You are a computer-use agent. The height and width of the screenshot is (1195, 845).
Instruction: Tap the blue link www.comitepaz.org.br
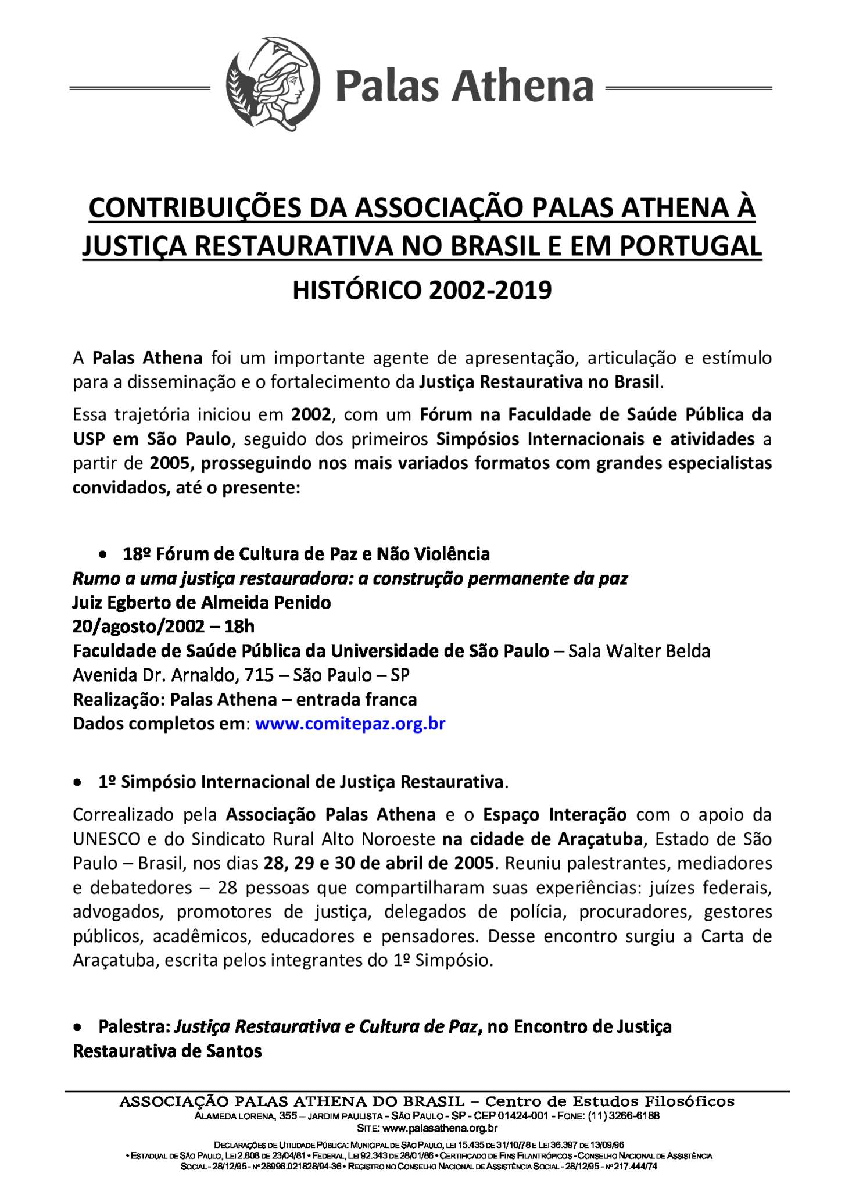coord(350,724)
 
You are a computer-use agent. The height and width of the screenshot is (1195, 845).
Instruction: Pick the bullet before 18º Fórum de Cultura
coord(102,556)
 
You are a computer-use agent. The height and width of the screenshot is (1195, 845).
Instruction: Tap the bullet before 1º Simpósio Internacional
coord(77,783)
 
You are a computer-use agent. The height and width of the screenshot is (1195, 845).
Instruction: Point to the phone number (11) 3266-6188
coord(624,1116)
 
